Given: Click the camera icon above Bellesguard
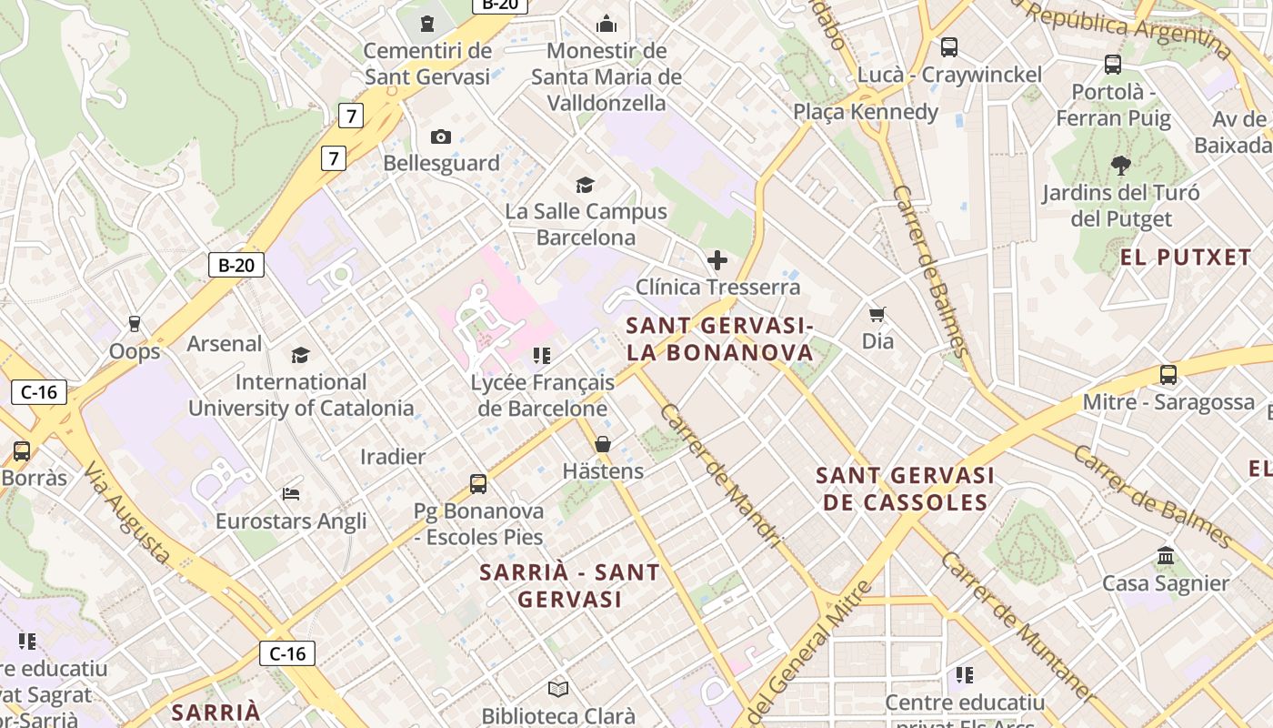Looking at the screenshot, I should (x=441, y=136).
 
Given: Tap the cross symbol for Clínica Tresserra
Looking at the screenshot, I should (x=717, y=261).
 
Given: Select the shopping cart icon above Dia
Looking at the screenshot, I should (x=877, y=315).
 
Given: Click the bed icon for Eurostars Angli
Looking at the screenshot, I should (x=291, y=494).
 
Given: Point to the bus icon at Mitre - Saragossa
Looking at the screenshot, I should (x=1168, y=375).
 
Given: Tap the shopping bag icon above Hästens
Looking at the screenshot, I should (x=602, y=444).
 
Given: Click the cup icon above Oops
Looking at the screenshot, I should (x=135, y=324).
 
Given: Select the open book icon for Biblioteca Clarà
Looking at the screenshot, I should (x=558, y=690).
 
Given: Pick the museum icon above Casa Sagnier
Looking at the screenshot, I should (x=1166, y=556).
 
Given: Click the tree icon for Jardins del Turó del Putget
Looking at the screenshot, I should (x=1120, y=166).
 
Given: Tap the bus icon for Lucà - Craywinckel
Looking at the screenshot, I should (x=949, y=47).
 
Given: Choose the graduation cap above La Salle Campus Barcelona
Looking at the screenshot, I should (x=586, y=185).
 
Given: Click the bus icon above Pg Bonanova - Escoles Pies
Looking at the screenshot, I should (x=478, y=484).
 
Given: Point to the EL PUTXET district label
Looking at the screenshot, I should (x=1186, y=258).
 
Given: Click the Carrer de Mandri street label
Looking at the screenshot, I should (x=720, y=476).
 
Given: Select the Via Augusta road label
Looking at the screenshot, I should (x=127, y=512).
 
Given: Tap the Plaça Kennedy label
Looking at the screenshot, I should (x=866, y=112).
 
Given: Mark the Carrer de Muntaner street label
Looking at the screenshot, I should (x=1017, y=626).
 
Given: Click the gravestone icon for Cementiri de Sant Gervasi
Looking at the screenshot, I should (x=427, y=23).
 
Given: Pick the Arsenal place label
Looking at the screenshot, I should (x=225, y=344).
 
